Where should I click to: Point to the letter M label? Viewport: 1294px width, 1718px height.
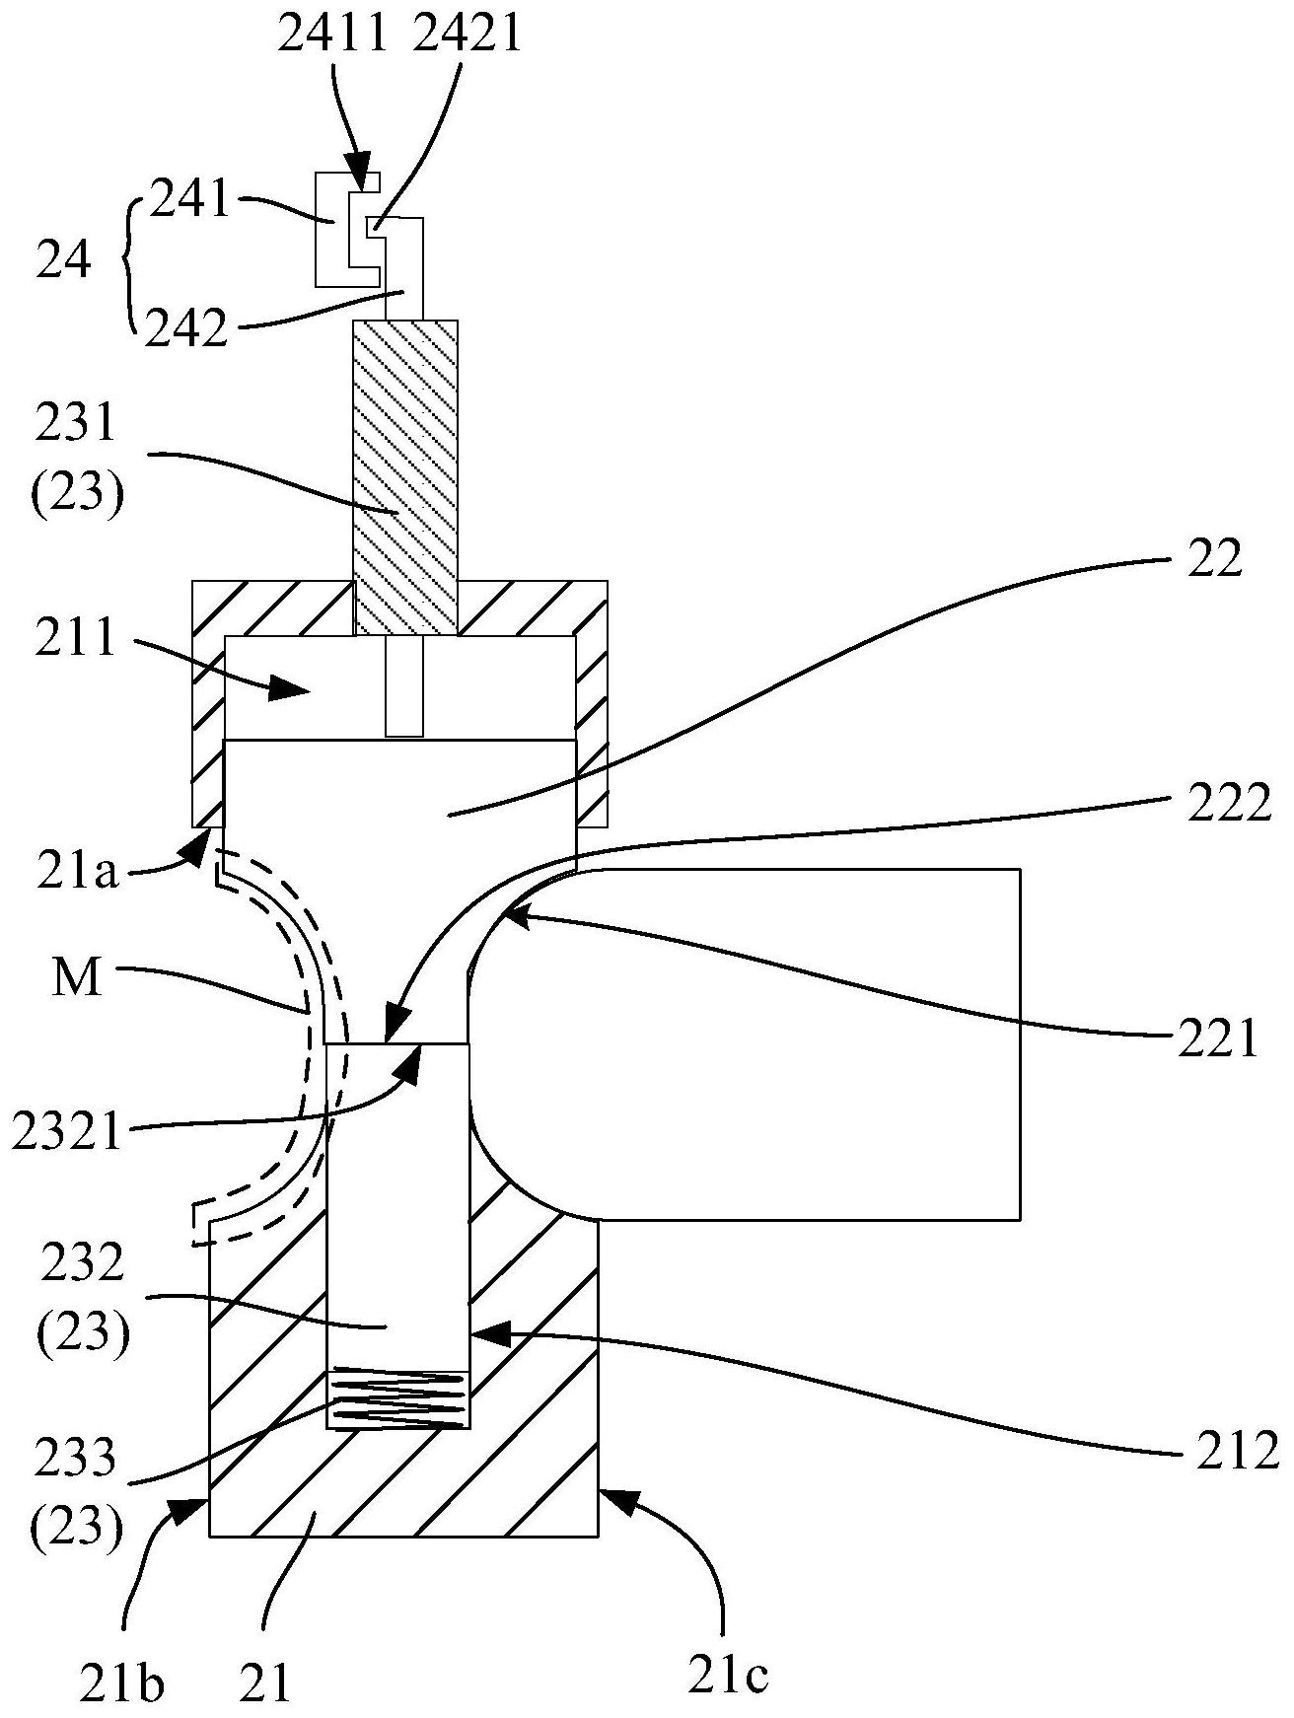[78, 979]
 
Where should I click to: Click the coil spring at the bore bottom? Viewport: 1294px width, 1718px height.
[397, 1397]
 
